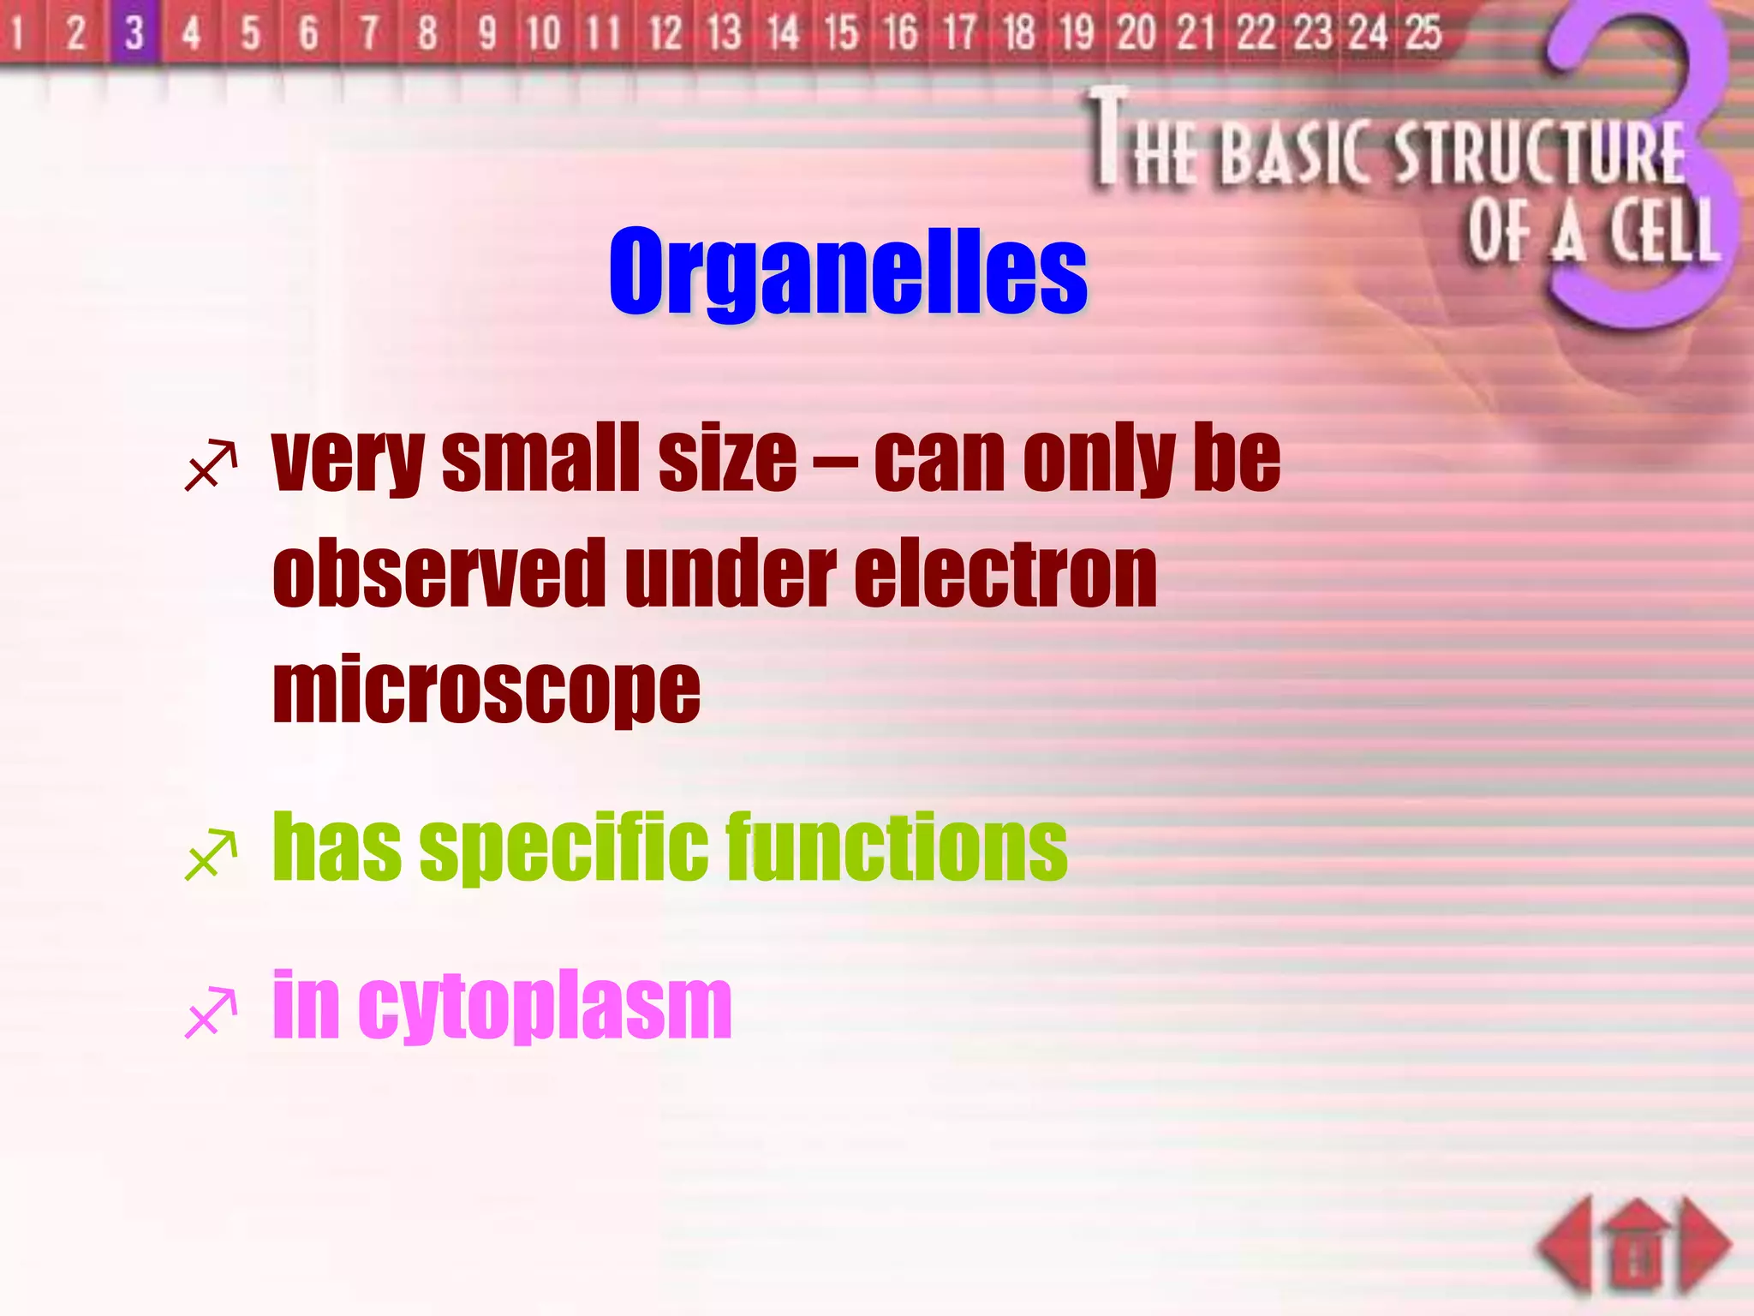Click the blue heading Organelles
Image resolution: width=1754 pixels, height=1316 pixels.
point(848,272)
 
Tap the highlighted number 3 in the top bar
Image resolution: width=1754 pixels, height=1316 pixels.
point(134,33)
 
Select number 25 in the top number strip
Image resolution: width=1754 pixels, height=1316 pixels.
point(1423,33)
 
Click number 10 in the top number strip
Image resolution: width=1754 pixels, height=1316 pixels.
point(543,33)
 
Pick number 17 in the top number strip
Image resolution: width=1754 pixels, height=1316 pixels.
point(960,33)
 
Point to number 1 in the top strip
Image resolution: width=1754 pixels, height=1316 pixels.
point(17,33)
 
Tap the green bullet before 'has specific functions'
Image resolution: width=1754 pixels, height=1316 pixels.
point(211,854)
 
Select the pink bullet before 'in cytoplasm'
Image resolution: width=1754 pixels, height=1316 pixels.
point(211,1013)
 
